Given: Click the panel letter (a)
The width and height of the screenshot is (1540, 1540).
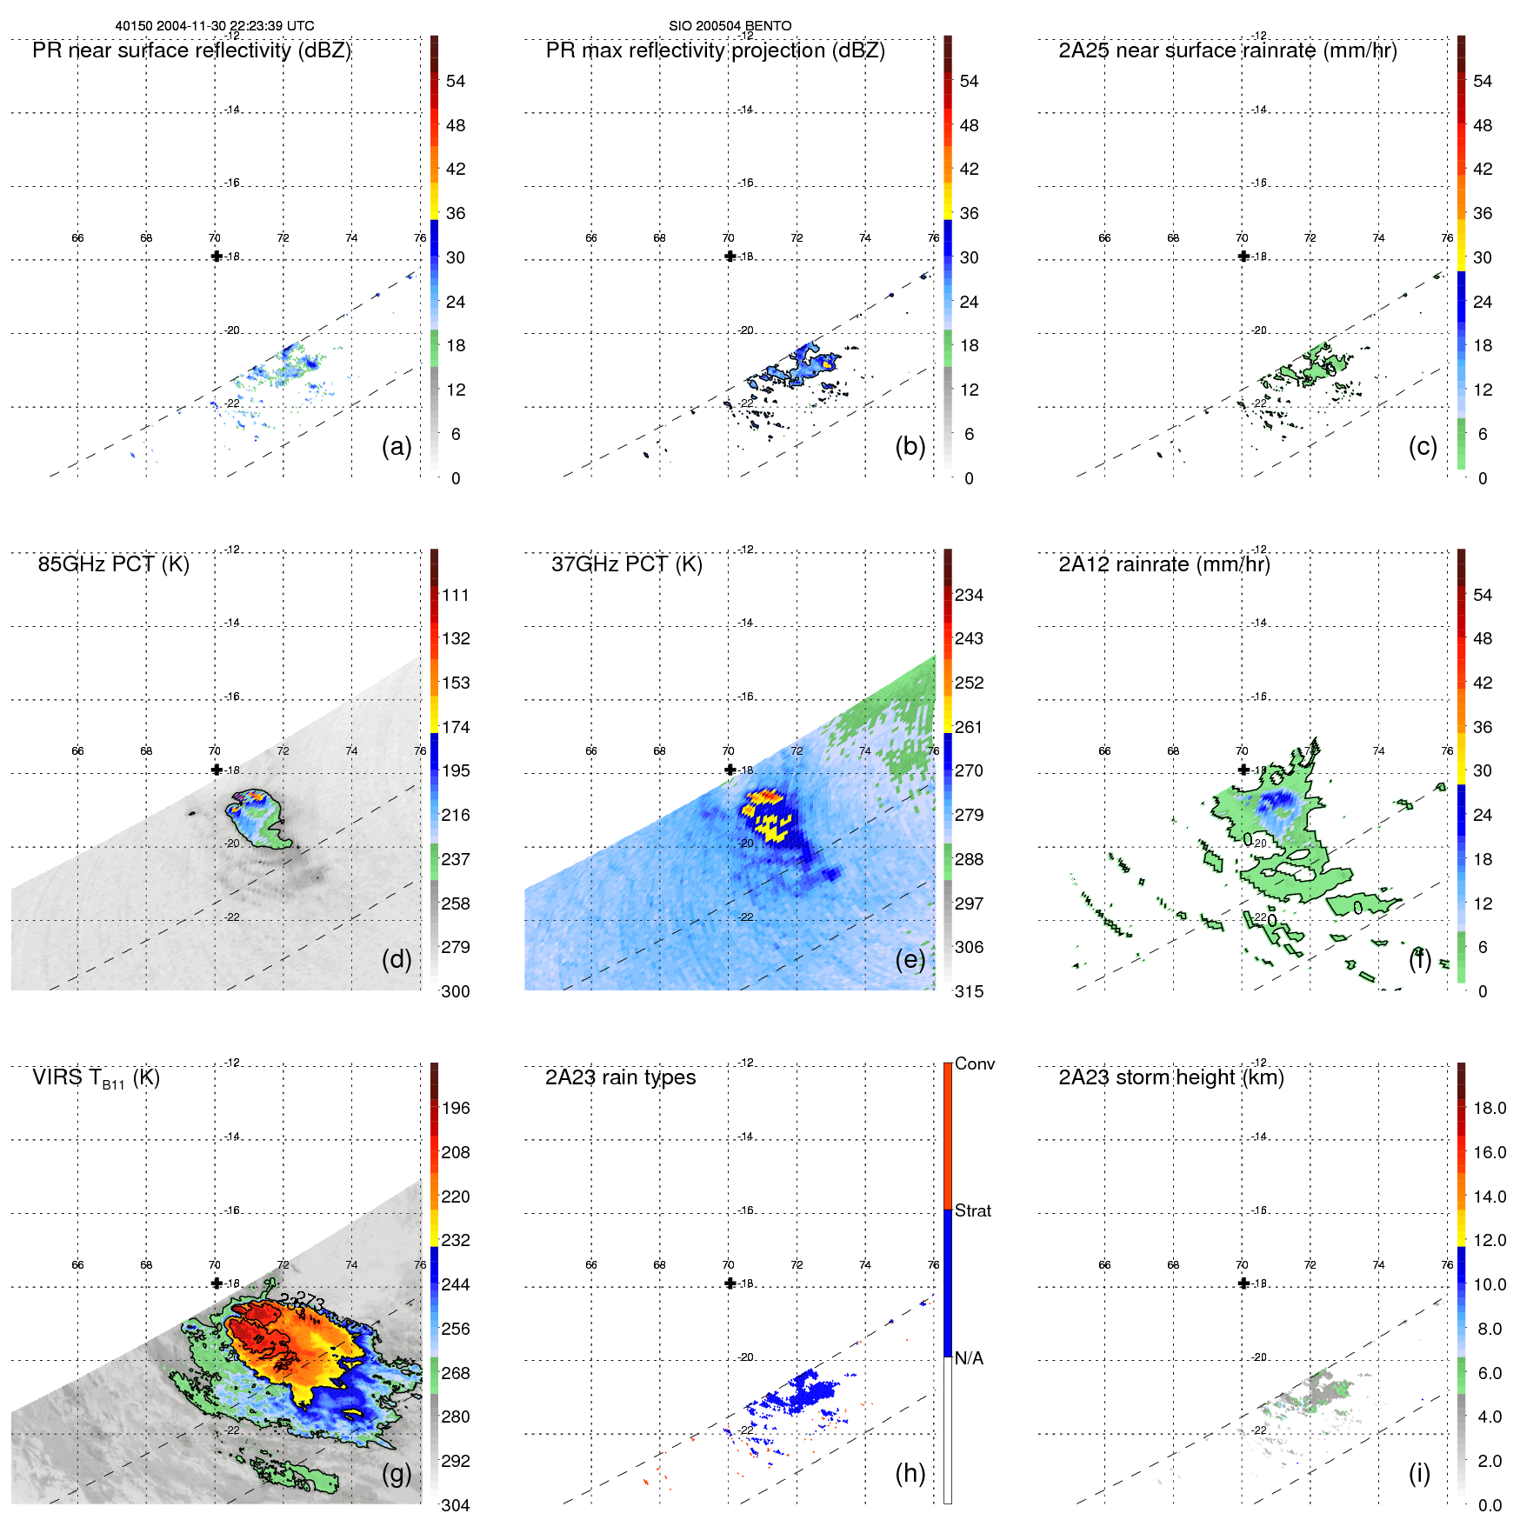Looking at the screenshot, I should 397,446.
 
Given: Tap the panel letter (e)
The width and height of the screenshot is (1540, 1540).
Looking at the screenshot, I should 910,959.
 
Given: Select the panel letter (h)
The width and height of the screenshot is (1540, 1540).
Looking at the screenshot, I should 910,1473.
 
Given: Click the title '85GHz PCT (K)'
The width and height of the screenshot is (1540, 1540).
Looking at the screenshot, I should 113,564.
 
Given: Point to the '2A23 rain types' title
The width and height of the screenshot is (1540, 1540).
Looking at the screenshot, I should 620,1077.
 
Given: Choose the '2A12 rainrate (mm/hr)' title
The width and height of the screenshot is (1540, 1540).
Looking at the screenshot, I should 1163,564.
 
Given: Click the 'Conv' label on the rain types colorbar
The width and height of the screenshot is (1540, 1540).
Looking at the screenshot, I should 974,1063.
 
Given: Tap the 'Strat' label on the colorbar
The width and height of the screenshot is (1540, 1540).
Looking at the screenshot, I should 972,1210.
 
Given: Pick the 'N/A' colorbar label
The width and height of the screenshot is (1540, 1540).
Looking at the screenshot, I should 969,1358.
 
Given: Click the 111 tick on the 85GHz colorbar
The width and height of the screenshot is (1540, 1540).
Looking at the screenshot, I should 456,595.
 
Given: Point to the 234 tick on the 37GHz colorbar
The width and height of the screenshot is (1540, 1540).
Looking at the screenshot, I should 969,595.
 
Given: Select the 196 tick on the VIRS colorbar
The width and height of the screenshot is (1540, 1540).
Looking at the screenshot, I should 456,1108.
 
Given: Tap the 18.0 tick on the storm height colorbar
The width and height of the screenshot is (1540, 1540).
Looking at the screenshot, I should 1489,1108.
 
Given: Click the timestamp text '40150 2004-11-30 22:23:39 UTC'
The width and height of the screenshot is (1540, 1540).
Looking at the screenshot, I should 215,26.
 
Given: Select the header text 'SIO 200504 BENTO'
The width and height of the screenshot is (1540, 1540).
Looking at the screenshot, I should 730,26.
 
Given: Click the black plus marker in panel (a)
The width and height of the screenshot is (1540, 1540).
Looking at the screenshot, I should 217,257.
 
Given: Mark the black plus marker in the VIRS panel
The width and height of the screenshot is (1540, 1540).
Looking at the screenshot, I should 217,1283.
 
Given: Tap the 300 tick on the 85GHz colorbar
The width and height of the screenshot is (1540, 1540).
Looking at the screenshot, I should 455,991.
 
